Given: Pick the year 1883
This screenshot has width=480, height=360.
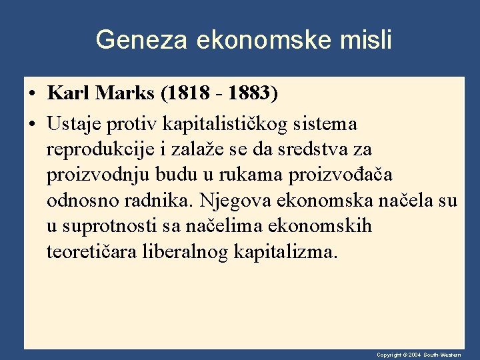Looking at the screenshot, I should click(251, 93).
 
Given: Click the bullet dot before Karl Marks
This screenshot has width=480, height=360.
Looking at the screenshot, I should click(32, 94).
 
